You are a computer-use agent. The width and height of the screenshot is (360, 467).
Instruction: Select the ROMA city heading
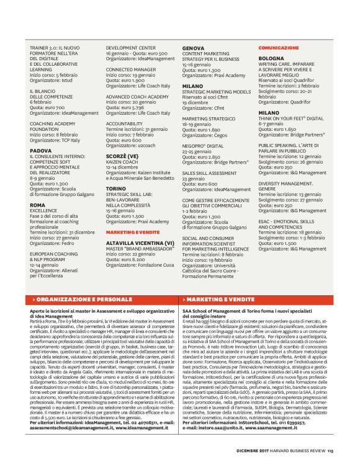point(37,205)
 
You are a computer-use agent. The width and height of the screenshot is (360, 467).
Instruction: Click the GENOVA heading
point(193,48)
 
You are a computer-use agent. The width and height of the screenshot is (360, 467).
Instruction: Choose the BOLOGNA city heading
point(271,58)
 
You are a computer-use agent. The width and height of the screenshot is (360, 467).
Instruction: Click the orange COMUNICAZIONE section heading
point(279,47)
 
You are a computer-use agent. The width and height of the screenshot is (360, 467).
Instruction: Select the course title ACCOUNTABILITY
point(124,123)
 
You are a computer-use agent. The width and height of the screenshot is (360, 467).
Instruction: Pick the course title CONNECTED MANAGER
point(131,69)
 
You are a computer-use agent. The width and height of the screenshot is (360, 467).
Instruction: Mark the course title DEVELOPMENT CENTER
point(130,48)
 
